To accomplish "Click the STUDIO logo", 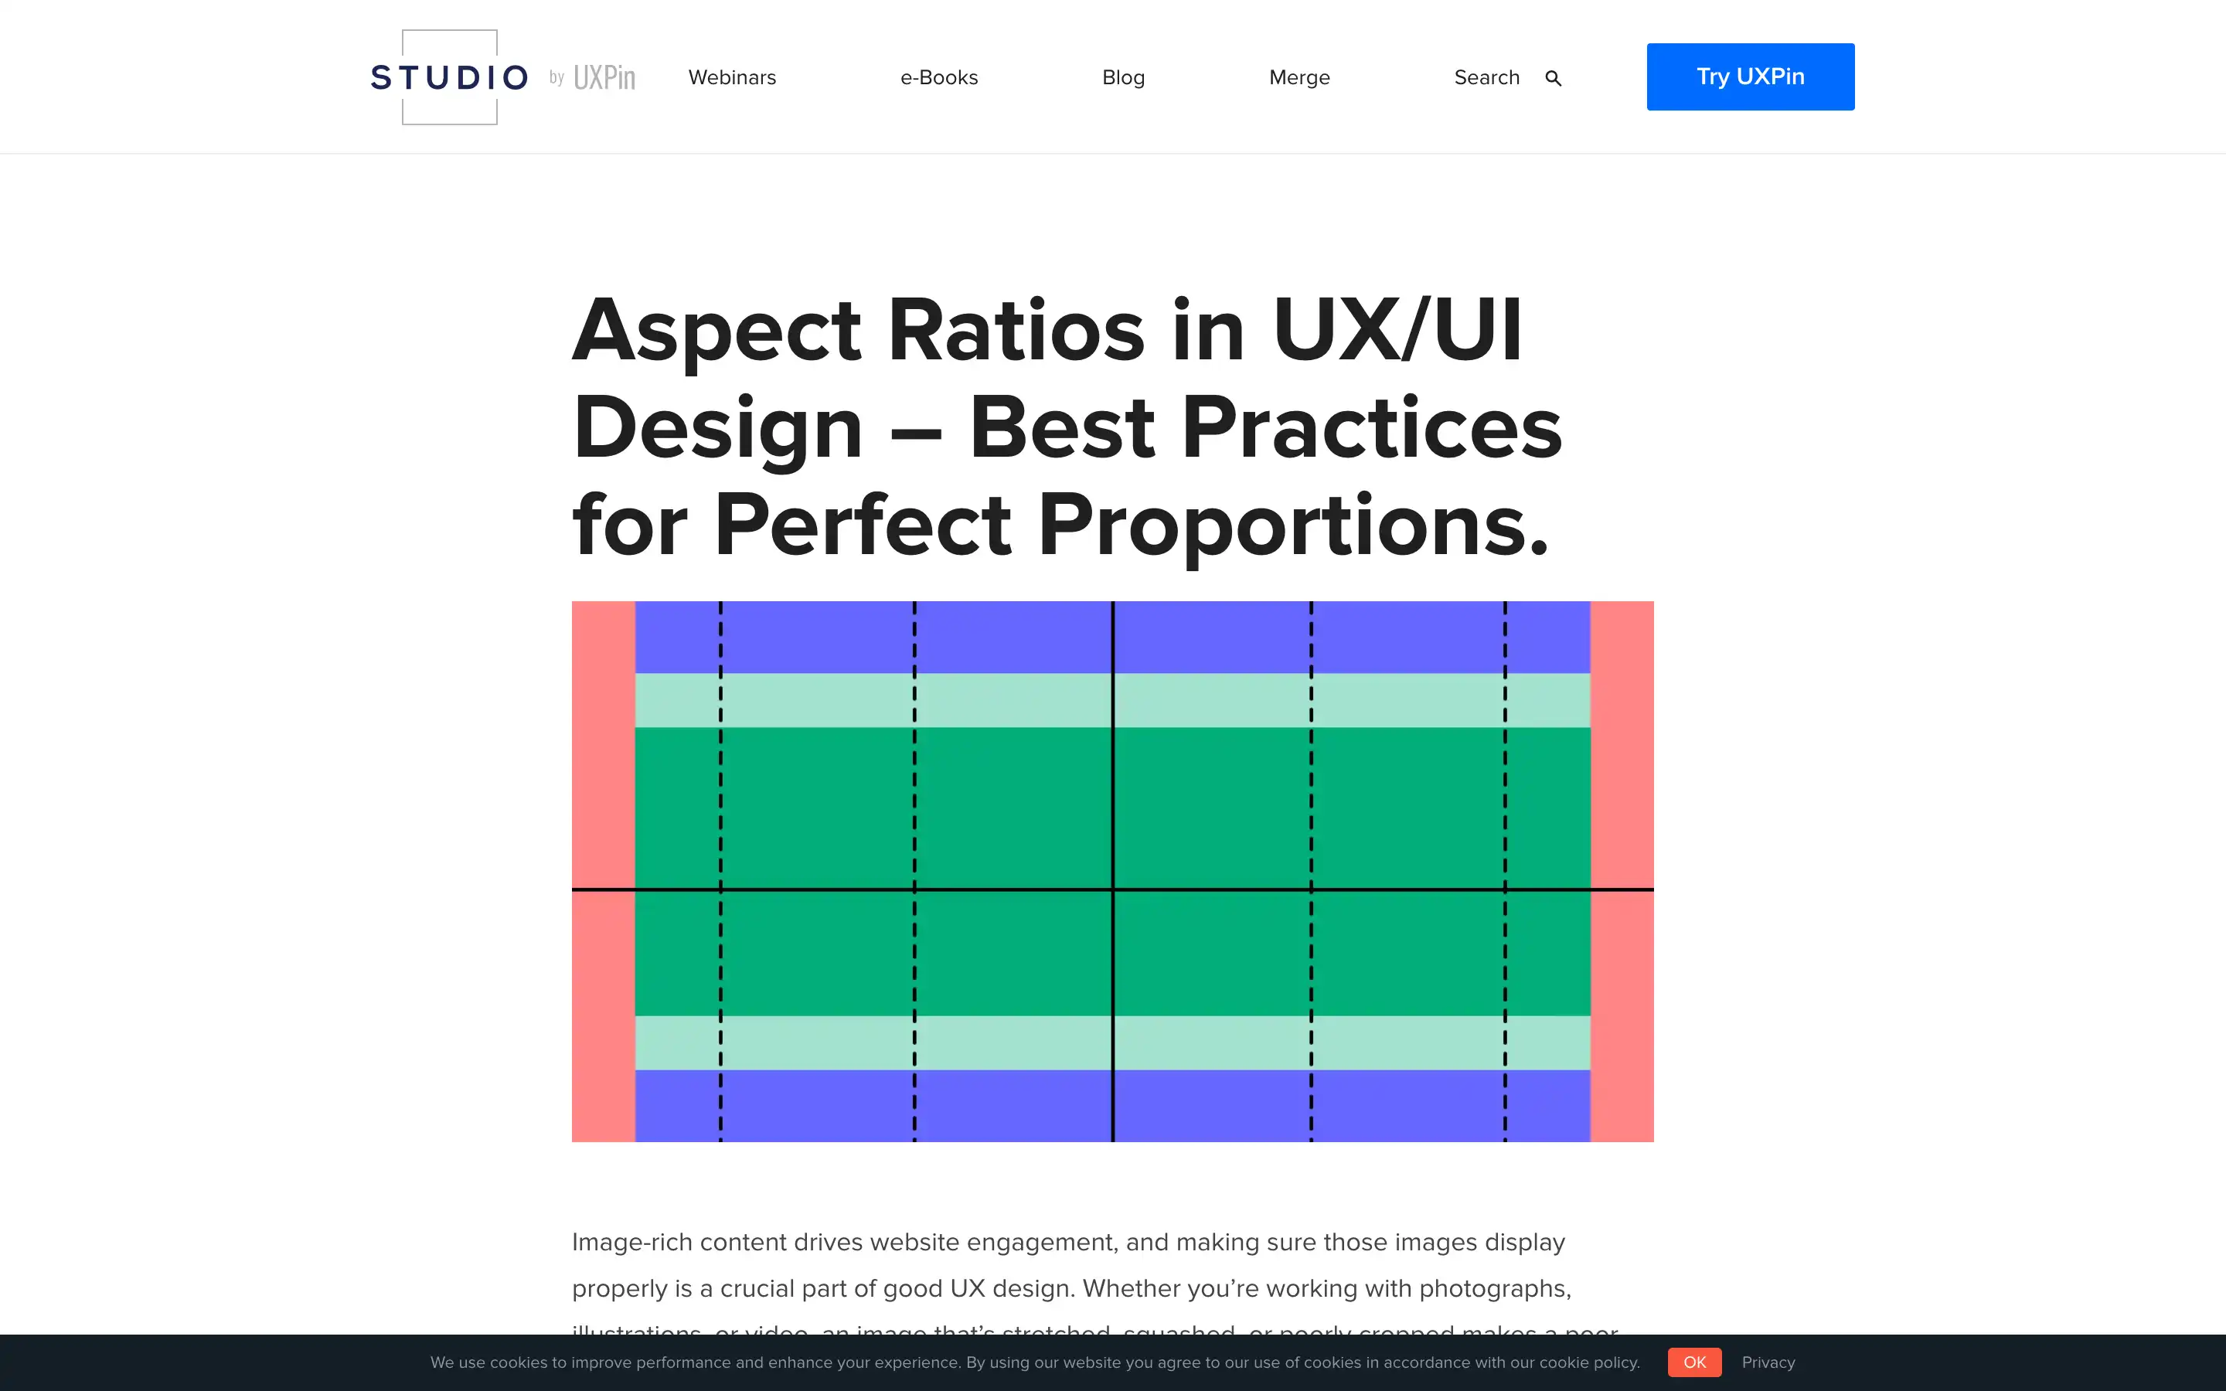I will tap(449, 77).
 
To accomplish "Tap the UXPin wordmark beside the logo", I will tap(604, 77).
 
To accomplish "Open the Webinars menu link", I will tap(732, 77).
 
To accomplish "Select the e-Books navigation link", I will tap(938, 77).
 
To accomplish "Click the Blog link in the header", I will tap(1123, 77).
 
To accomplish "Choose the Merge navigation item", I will tap(1298, 77).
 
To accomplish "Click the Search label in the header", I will tap(1486, 77).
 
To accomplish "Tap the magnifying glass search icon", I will tap(1554, 78).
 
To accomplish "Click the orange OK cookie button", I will tap(1694, 1362).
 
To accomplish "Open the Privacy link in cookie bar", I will tap(1768, 1362).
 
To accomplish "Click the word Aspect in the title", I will tap(716, 332).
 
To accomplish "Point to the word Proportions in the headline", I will tap(1292, 526).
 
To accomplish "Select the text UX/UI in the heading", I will tap(1397, 332).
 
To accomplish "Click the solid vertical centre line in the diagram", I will tap(1113, 782).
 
